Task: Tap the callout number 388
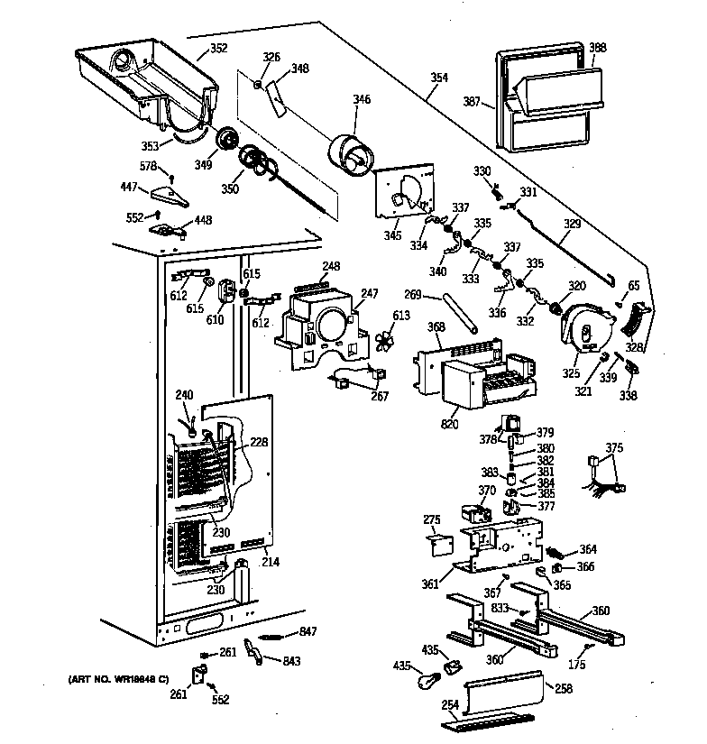coord(597,47)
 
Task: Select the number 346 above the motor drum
coord(362,99)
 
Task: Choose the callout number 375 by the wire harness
coord(614,447)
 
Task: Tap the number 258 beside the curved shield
coord(564,689)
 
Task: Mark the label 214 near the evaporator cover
coord(270,562)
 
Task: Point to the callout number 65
coord(634,286)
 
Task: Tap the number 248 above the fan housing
coord(332,266)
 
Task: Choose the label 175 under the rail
coord(576,666)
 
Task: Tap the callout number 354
coord(438,78)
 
